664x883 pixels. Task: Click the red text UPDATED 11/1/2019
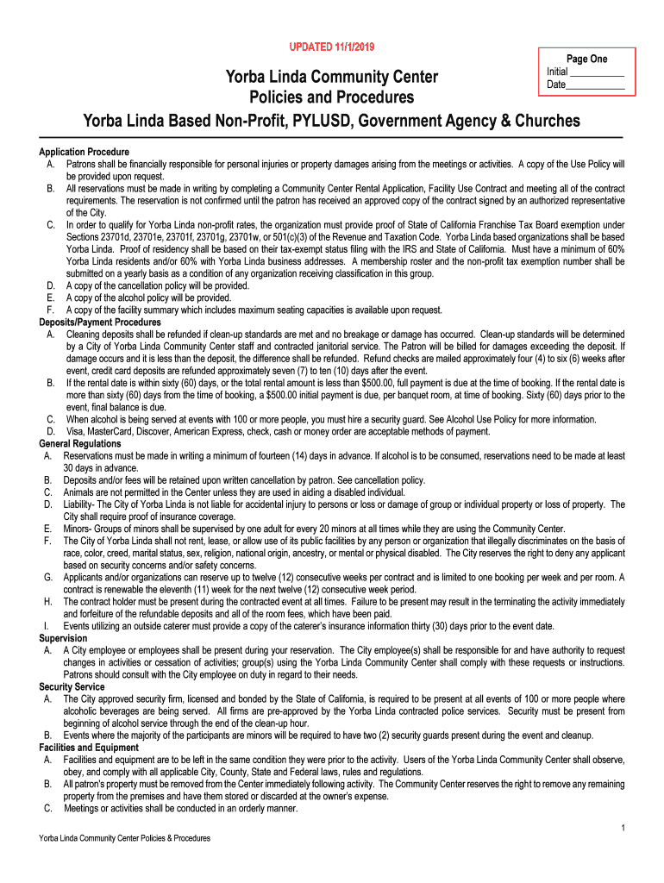coord(331,46)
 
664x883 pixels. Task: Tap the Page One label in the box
coord(586,59)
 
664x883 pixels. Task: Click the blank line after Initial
coord(597,72)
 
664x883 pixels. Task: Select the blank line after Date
coord(596,85)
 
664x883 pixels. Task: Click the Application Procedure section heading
coord(84,152)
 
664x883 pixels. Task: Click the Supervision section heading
coord(63,637)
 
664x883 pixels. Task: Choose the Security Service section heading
coord(72,686)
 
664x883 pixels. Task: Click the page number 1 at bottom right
coord(622,828)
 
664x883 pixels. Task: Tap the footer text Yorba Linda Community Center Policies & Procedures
coord(119,837)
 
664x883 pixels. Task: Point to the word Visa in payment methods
coord(76,431)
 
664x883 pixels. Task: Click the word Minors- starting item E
coord(80,529)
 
